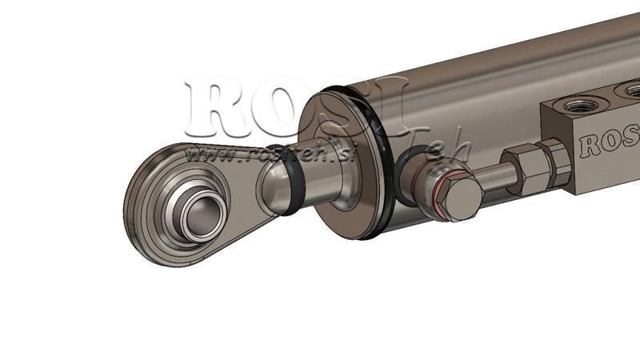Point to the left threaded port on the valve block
coord(574,105)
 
